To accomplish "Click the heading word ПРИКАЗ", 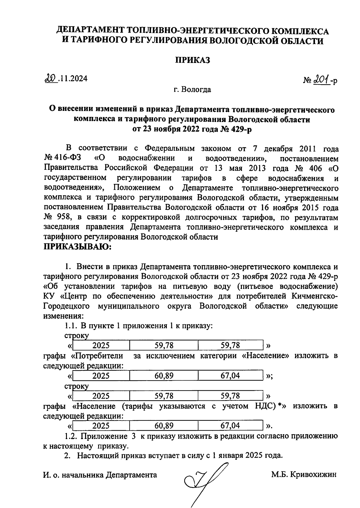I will [x=192, y=60].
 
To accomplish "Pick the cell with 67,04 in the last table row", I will [x=230, y=426].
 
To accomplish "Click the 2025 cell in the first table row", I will [x=101, y=346].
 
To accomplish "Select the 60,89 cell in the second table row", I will [x=164, y=376].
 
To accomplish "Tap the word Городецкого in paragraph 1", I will [x=67, y=306].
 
